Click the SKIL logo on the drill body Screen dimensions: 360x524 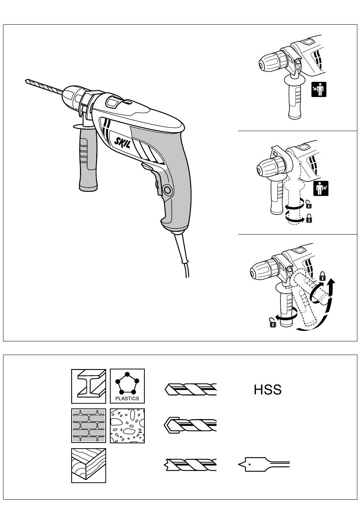[122, 142]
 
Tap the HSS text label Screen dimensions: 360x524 [268, 390]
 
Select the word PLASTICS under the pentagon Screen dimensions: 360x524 [127, 398]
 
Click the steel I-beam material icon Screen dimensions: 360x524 [88, 386]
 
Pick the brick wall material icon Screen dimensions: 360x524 [88, 426]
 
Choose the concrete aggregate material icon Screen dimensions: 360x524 [127, 426]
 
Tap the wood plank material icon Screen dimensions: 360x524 [88, 466]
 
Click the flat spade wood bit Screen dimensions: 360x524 [264, 464]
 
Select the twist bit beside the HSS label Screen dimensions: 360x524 [191, 389]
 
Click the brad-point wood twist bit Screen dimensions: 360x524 [190, 465]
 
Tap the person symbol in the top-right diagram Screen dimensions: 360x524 [319, 89]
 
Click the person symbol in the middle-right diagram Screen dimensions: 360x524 [321, 188]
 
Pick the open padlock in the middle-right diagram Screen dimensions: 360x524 [309, 205]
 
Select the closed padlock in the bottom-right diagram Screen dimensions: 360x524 [322, 276]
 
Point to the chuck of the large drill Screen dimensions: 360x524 [73, 97]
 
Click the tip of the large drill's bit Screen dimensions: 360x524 [25, 81]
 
